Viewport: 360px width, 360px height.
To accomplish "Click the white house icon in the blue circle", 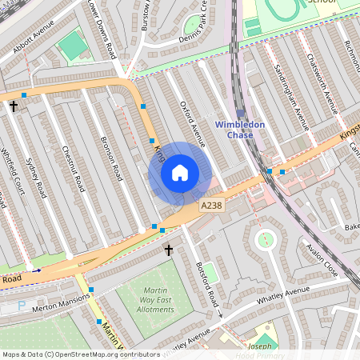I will tap(180, 173).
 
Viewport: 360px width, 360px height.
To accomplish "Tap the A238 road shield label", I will tap(210, 206).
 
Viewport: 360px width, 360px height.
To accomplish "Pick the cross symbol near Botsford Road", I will tap(168, 250).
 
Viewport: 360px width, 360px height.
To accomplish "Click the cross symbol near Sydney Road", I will tap(13, 106).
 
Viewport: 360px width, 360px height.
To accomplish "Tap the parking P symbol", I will tap(21, 305).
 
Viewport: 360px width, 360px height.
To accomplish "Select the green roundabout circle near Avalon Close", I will tap(265, 238).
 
